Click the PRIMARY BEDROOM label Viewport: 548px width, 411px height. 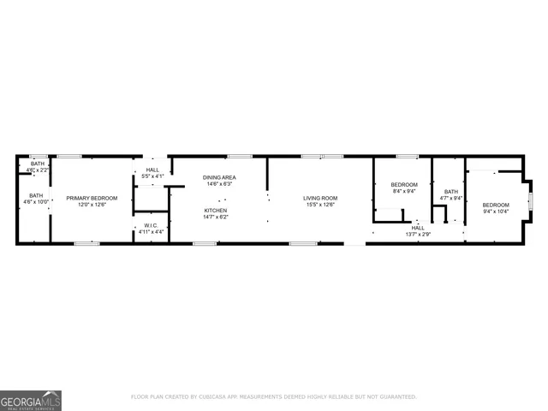[x=92, y=198]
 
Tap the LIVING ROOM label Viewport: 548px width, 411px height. [x=319, y=198]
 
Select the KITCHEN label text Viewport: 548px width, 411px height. [x=216, y=211]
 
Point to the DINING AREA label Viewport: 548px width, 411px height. [x=217, y=177]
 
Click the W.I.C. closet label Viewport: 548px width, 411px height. [x=151, y=225]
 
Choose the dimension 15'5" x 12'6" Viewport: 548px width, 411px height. [x=319, y=205]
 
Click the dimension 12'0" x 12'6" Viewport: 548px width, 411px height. [x=92, y=205]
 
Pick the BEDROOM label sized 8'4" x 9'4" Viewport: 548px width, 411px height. [x=404, y=185]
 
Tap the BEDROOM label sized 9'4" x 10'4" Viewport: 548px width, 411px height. [x=495, y=205]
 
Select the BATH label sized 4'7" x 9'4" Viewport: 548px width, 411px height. [x=450, y=192]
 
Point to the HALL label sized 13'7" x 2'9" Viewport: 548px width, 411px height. [x=418, y=228]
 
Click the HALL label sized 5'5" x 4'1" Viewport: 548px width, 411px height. [x=152, y=170]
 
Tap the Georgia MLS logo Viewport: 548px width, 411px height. [x=31, y=400]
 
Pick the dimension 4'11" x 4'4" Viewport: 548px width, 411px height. [x=151, y=232]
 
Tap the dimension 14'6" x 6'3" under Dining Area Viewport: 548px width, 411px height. [x=217, y=184]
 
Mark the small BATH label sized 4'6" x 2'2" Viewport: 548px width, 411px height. [x=37, y=164]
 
